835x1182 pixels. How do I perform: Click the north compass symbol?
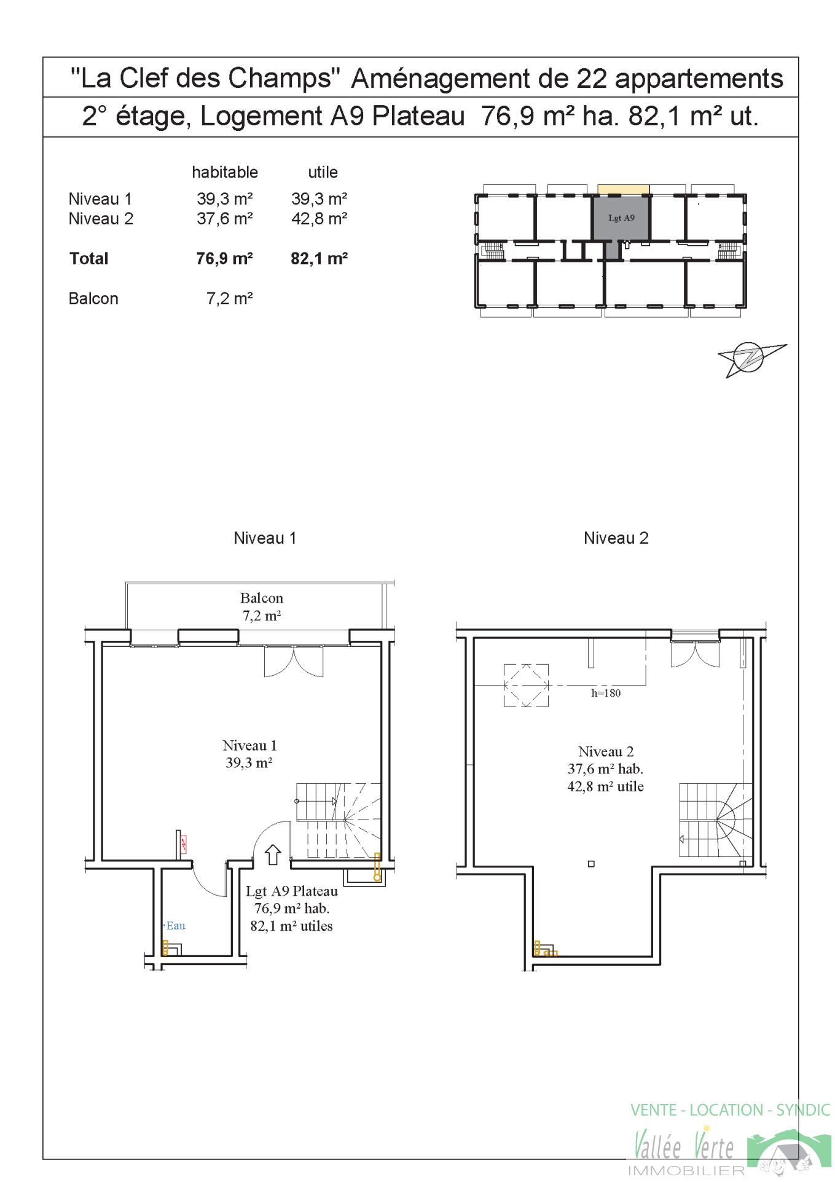click(750, 358)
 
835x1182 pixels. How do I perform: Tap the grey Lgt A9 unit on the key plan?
click(621, 219)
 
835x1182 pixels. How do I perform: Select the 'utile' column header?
click(323, 173)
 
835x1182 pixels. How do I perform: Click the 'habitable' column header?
click(225, 173)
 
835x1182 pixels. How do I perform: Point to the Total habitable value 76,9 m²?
click(224, 259)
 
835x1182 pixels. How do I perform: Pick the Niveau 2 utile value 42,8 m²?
click(319, 219)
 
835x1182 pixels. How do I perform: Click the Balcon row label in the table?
click(93, 299)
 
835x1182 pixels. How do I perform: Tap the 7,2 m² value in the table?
click(229, 299)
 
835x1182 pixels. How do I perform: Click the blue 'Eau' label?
click(175, 926)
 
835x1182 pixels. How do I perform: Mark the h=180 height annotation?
click(606, 693)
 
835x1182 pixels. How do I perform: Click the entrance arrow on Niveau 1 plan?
click(273, 855)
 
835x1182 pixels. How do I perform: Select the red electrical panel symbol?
click(183, 845)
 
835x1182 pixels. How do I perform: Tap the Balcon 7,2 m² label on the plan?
click(262, 607)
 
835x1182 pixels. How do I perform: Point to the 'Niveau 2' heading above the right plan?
click(616, 538)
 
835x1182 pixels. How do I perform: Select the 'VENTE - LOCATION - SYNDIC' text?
click(730, 1110)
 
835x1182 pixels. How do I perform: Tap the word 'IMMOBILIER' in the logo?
click(686, 1171)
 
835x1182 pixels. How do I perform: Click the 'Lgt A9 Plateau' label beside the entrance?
click(292, 891)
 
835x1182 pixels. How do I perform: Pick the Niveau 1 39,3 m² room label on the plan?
click(249, 754)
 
